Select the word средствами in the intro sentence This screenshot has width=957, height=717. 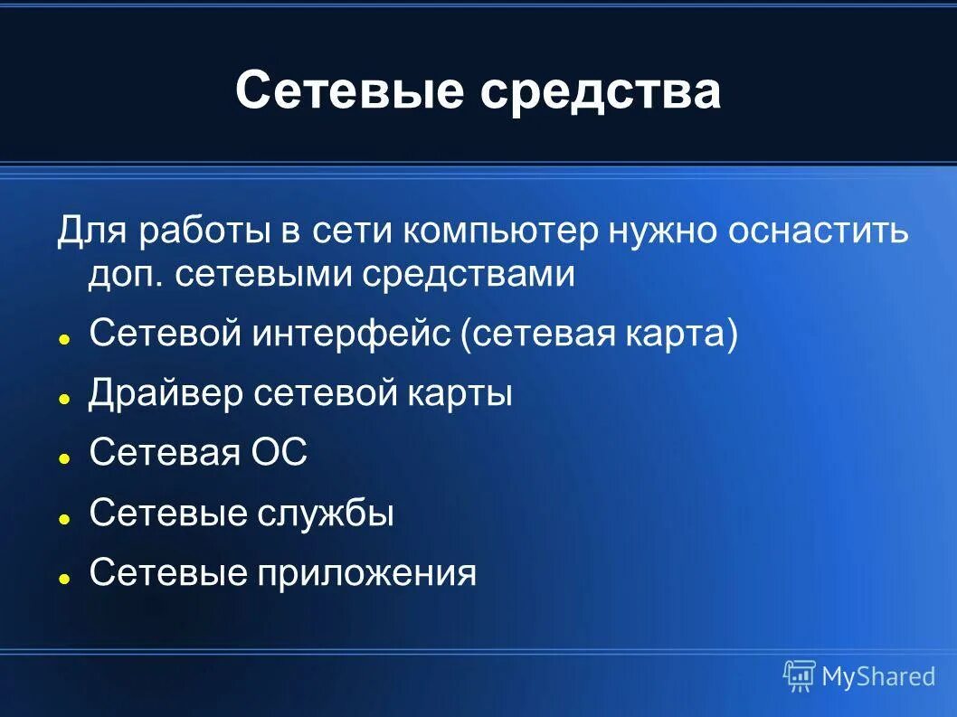tap(469, 274)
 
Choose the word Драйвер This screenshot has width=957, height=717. tap(166, 394)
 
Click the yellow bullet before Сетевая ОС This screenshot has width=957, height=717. tap(65, 458)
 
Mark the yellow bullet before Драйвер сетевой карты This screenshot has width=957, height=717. tap(65, 399)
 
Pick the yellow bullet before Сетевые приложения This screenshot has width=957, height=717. tap(65, 578)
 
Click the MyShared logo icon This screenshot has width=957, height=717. tap(800, 675)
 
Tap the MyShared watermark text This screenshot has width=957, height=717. tap(877, 676)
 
